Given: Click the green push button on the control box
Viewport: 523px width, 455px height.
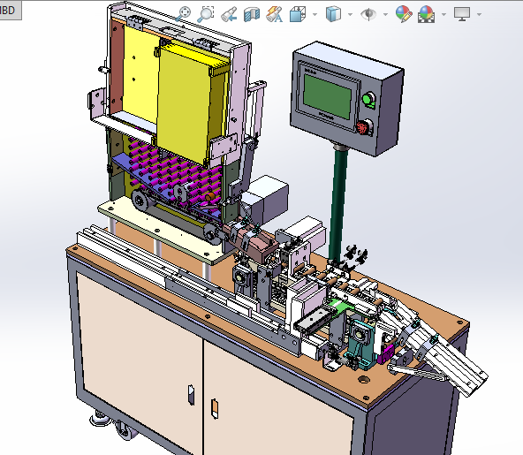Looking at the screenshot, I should tap(369, 99).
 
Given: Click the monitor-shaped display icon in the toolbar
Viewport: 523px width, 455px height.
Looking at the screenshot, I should tap(462, 14).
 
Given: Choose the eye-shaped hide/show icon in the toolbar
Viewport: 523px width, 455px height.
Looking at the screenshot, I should tap(368, 14).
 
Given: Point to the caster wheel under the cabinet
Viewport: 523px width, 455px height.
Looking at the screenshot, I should tap(124, 433).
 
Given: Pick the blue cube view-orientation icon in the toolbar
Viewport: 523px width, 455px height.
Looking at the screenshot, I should tap(333, 14).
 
